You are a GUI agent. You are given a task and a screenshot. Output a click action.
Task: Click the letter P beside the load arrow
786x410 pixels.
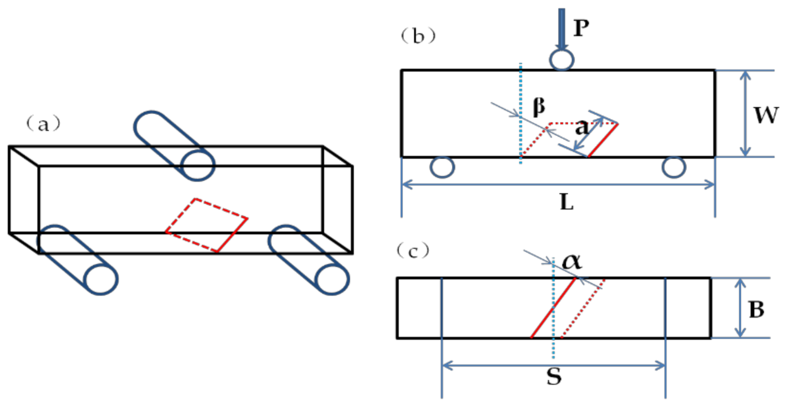581,28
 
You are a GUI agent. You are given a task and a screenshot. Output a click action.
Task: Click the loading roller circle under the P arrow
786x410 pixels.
562,60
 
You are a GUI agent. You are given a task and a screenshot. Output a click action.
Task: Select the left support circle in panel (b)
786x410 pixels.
442,167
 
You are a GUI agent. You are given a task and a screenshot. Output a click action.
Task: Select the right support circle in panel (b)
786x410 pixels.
674,167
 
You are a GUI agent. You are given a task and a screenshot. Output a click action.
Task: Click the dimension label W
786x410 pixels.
766,115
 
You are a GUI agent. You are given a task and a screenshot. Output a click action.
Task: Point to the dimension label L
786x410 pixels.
567,203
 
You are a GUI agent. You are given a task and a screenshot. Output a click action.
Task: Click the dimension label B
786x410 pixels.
756,310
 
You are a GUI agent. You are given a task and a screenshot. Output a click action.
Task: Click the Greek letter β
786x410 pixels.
539,107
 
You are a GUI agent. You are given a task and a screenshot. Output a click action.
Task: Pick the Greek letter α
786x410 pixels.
572,261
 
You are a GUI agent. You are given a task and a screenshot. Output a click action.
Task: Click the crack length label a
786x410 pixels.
581,128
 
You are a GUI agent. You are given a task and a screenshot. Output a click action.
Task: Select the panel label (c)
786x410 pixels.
413,251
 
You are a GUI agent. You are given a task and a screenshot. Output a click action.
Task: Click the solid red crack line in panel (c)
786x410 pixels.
553,308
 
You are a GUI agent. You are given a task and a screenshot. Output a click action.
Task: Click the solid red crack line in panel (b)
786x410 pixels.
603,140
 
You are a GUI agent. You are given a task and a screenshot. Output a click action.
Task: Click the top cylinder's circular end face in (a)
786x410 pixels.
198,166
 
